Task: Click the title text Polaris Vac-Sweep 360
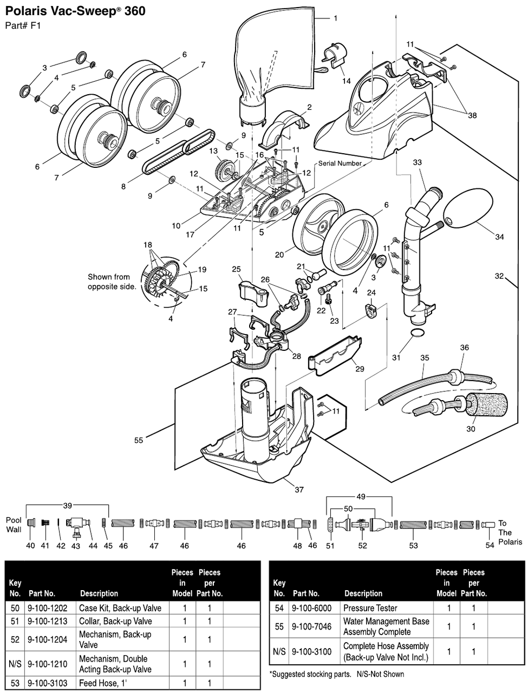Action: (75, 11)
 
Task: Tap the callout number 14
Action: (346, 81)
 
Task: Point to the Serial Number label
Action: (340, 164)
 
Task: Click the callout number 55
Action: (139, 440)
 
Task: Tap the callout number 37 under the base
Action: (299, 490)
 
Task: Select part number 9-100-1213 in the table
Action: (48, 621)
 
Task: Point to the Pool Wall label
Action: (14, 524)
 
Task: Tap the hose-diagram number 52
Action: (362, 546)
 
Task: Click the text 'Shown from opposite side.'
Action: (112, 282)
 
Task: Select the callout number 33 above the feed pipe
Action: (417, 162)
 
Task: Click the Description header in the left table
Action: (99, 593)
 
